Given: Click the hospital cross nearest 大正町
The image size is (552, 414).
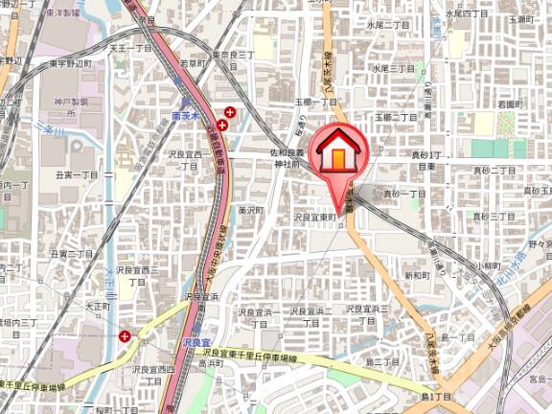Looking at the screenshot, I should point(126,335).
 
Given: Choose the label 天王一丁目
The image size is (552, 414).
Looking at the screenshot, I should point(130,47).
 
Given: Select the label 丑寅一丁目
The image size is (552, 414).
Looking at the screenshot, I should point(77,174).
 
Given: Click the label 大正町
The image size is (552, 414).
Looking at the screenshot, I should point(97,307).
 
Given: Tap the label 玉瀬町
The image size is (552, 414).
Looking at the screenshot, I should point(520,18).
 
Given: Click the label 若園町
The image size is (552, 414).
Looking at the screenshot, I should point(509,103).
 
